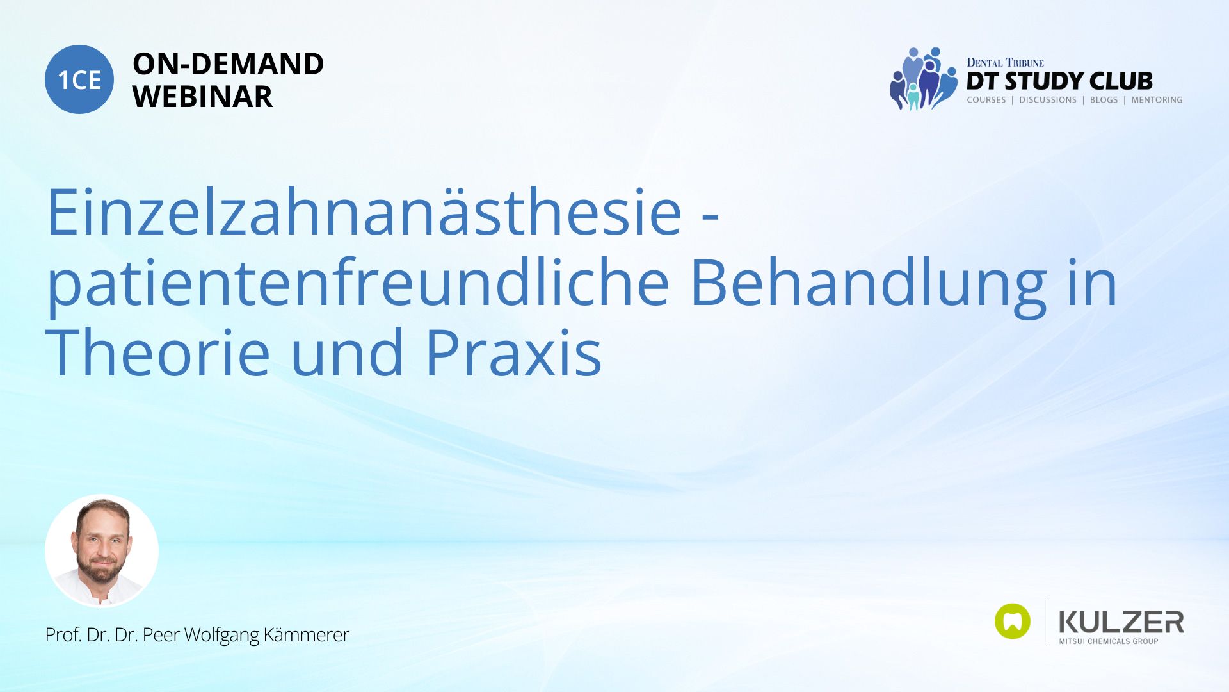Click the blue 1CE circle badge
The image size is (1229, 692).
pos(79,79)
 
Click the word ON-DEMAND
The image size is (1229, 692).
pos(228,63)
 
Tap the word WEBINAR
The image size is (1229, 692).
pos(202,97)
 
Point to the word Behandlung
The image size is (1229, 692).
pos(868,284)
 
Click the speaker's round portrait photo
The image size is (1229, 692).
pos(102,550)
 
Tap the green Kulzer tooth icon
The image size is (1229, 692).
pos(1013,621)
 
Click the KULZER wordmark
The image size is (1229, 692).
pos(1121,622)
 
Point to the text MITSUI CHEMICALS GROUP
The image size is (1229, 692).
pos(1109,641)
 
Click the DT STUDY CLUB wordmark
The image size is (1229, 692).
pos(1059,81)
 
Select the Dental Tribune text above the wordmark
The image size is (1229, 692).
pos(1005,63)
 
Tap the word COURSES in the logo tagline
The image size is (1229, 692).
pos(986,100)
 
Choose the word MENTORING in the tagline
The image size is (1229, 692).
pos(1157,100)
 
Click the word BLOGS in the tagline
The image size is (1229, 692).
pos(1104,100)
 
